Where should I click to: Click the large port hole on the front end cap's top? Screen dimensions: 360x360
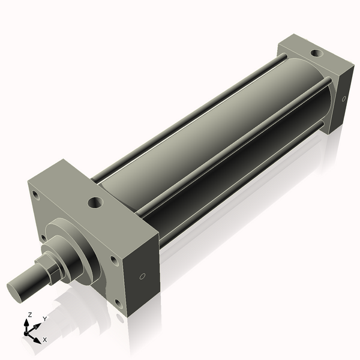pyautogui.click(x=95, y=203)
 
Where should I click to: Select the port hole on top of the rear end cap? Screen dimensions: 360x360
pyautogui.click(x=315, y=55)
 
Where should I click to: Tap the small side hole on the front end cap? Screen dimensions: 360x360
pyautogui.click(x=142, y=277)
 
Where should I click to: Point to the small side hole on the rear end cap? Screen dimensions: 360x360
pyautogui.click(x=343, y=98)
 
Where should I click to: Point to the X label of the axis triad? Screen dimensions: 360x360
pyautogui.click(x=45, y=340)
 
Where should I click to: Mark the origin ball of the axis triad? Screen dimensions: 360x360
pyautogui.click(x=28, y=332)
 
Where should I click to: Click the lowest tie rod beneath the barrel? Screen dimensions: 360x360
pyautogui.click(x=240, y=186)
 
